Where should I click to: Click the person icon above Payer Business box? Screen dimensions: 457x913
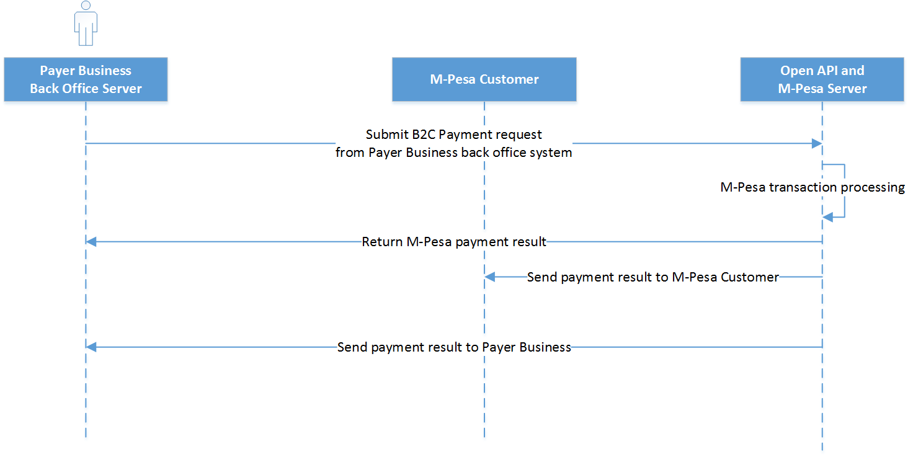[x=86, y=23]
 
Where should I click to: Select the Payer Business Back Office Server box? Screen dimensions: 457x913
[x=86, y=79]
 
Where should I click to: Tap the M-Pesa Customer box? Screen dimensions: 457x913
[x=484, y=79]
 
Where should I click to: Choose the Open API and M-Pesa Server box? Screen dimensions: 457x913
[x=822, y=79]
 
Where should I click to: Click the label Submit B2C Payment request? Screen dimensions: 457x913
[x=453, y=135]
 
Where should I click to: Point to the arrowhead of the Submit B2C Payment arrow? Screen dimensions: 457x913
[x=817, y=143]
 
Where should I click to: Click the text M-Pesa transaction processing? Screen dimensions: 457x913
[x=813, y=187]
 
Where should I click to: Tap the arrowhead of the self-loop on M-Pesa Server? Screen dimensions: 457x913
[x=827, y=216]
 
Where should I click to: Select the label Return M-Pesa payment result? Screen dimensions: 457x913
[x=454, y=242]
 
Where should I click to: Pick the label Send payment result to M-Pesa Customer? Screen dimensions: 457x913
[x=652, y=277]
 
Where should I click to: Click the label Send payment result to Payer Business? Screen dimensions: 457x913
[x=454, y=347]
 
